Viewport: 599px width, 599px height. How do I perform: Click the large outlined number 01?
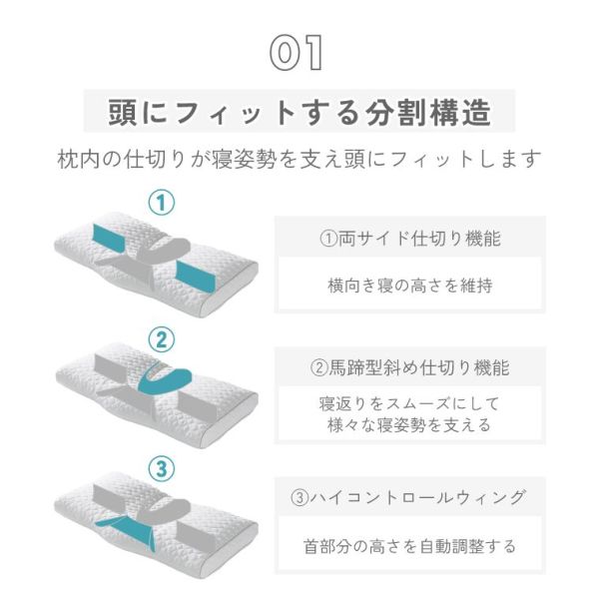(297, 53)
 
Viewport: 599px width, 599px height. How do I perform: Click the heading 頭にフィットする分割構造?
(299, 112)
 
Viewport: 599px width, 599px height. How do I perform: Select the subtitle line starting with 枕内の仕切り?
(299, 159)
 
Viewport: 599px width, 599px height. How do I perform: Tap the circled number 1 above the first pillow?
(161, 203)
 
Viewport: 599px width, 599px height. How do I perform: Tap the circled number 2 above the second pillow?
(161, 339)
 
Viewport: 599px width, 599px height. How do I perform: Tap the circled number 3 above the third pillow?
(161, 469)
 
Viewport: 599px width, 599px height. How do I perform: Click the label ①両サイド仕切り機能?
(410, 239)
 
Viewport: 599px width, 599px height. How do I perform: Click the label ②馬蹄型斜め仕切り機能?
(410, 368)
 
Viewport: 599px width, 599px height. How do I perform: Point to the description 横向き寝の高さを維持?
(410, 286)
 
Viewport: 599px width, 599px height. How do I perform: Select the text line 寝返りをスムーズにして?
(410, 403)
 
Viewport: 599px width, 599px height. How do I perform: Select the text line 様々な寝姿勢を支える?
(410, 425)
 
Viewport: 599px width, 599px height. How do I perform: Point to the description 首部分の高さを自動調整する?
(410, 546)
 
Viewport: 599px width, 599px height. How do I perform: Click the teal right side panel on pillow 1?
(195, 277)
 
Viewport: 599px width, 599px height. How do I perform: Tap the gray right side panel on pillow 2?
(196, 407)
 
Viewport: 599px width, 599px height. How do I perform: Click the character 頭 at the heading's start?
(122, 112)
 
